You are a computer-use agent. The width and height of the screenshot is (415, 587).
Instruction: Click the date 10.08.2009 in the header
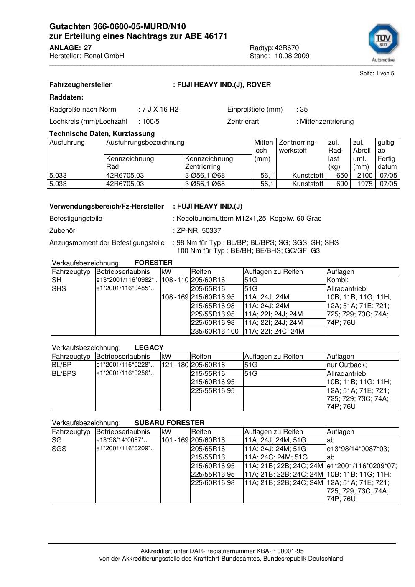click(292, 56)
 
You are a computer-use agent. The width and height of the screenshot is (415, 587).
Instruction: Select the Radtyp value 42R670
click(287, 48)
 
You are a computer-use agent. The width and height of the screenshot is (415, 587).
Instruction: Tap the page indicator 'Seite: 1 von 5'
click(377, 74)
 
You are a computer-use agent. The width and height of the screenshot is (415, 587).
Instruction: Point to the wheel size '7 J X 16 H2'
click(160, 110)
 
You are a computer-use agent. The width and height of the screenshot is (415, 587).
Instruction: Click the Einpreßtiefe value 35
click(303, 110)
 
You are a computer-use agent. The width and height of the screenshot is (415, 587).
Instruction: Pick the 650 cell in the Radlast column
click(342, 176)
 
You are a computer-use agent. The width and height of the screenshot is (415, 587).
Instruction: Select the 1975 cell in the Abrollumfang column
click(364, 184)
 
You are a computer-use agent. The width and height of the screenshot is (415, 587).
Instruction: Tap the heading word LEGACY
click(149, 347)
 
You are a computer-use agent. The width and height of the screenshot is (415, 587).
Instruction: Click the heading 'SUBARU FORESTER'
click(169, 423)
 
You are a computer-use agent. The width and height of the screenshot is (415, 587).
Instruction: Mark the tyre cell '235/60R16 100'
click(215, 331)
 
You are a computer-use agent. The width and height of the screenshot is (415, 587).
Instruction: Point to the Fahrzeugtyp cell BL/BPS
click(64, 373)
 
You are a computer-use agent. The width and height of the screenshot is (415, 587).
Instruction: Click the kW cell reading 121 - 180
click(175, 365)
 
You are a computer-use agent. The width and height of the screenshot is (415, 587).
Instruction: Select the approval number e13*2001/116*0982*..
click(126, 280)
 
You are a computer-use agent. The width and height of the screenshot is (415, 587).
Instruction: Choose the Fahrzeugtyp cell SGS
click(59, 449)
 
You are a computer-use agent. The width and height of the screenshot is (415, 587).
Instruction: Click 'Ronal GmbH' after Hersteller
click(104, 56)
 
